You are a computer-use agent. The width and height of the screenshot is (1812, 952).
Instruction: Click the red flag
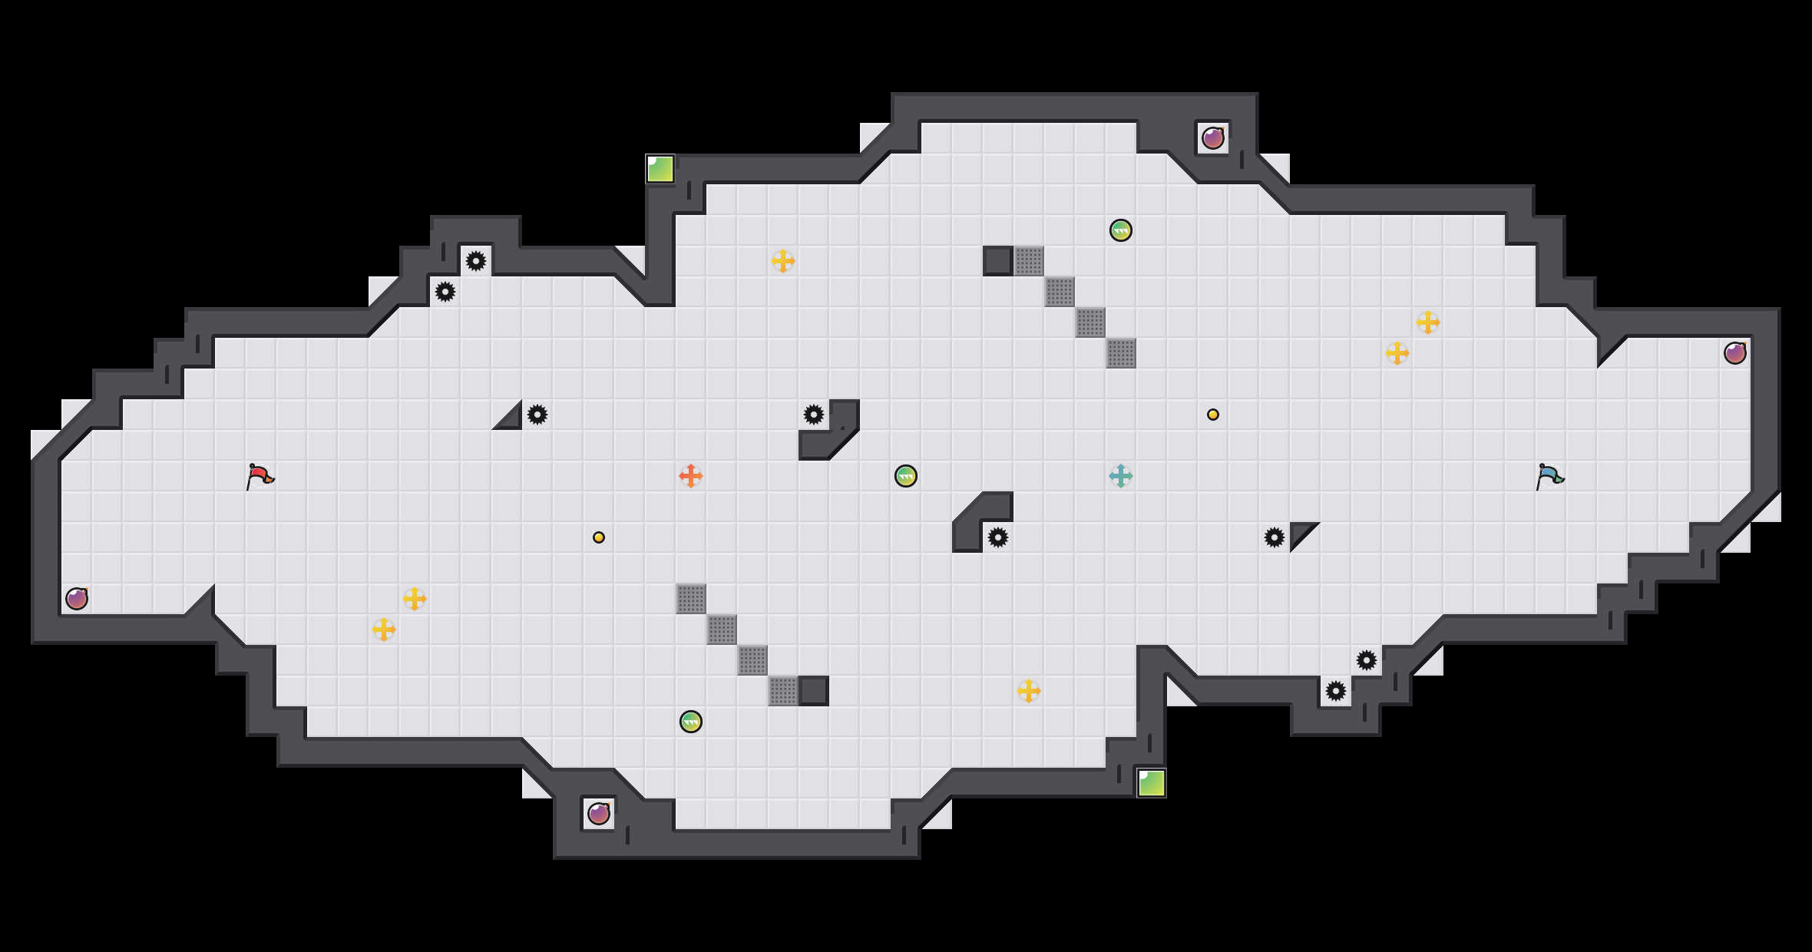click(260, 476)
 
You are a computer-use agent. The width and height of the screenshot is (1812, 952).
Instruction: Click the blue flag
click(1549, 476)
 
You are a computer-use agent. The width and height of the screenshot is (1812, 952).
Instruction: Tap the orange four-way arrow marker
click(691, 476)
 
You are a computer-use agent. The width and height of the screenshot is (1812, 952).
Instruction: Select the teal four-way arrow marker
click(1121, 476)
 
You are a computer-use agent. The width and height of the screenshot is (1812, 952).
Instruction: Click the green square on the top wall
click(660, 169)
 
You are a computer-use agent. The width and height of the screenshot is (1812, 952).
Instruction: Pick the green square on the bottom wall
click(1152, 783)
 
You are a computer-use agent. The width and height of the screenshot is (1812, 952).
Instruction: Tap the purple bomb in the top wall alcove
click(1213, 138)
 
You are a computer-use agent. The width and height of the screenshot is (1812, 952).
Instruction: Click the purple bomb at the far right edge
click(1735, 353)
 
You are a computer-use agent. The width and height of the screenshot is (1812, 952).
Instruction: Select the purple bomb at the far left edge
click(77, 599)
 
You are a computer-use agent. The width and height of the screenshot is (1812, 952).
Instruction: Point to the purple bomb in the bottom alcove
click(599, 814)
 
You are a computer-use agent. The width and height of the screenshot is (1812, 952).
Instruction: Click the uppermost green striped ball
click(1121, 230)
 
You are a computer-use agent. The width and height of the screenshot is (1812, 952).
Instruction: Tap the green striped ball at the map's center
click(906, 476)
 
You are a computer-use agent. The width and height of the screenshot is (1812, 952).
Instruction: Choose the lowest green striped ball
click(691, 722)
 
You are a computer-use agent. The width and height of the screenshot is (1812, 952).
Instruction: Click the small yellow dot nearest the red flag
click(599, 537)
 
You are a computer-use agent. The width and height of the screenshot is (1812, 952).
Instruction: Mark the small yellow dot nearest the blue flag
click(1213, 415)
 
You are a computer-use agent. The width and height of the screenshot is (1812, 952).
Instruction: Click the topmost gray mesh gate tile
click(1029, 261)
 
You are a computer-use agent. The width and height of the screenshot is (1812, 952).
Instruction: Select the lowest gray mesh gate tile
click(783, 691)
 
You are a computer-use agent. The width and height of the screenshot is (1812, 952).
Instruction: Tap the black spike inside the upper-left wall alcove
click(476, 261)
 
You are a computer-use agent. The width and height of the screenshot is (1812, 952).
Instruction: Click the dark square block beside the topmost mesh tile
click(998, 261)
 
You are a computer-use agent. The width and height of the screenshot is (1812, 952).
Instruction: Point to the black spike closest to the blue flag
click(1275, 537)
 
